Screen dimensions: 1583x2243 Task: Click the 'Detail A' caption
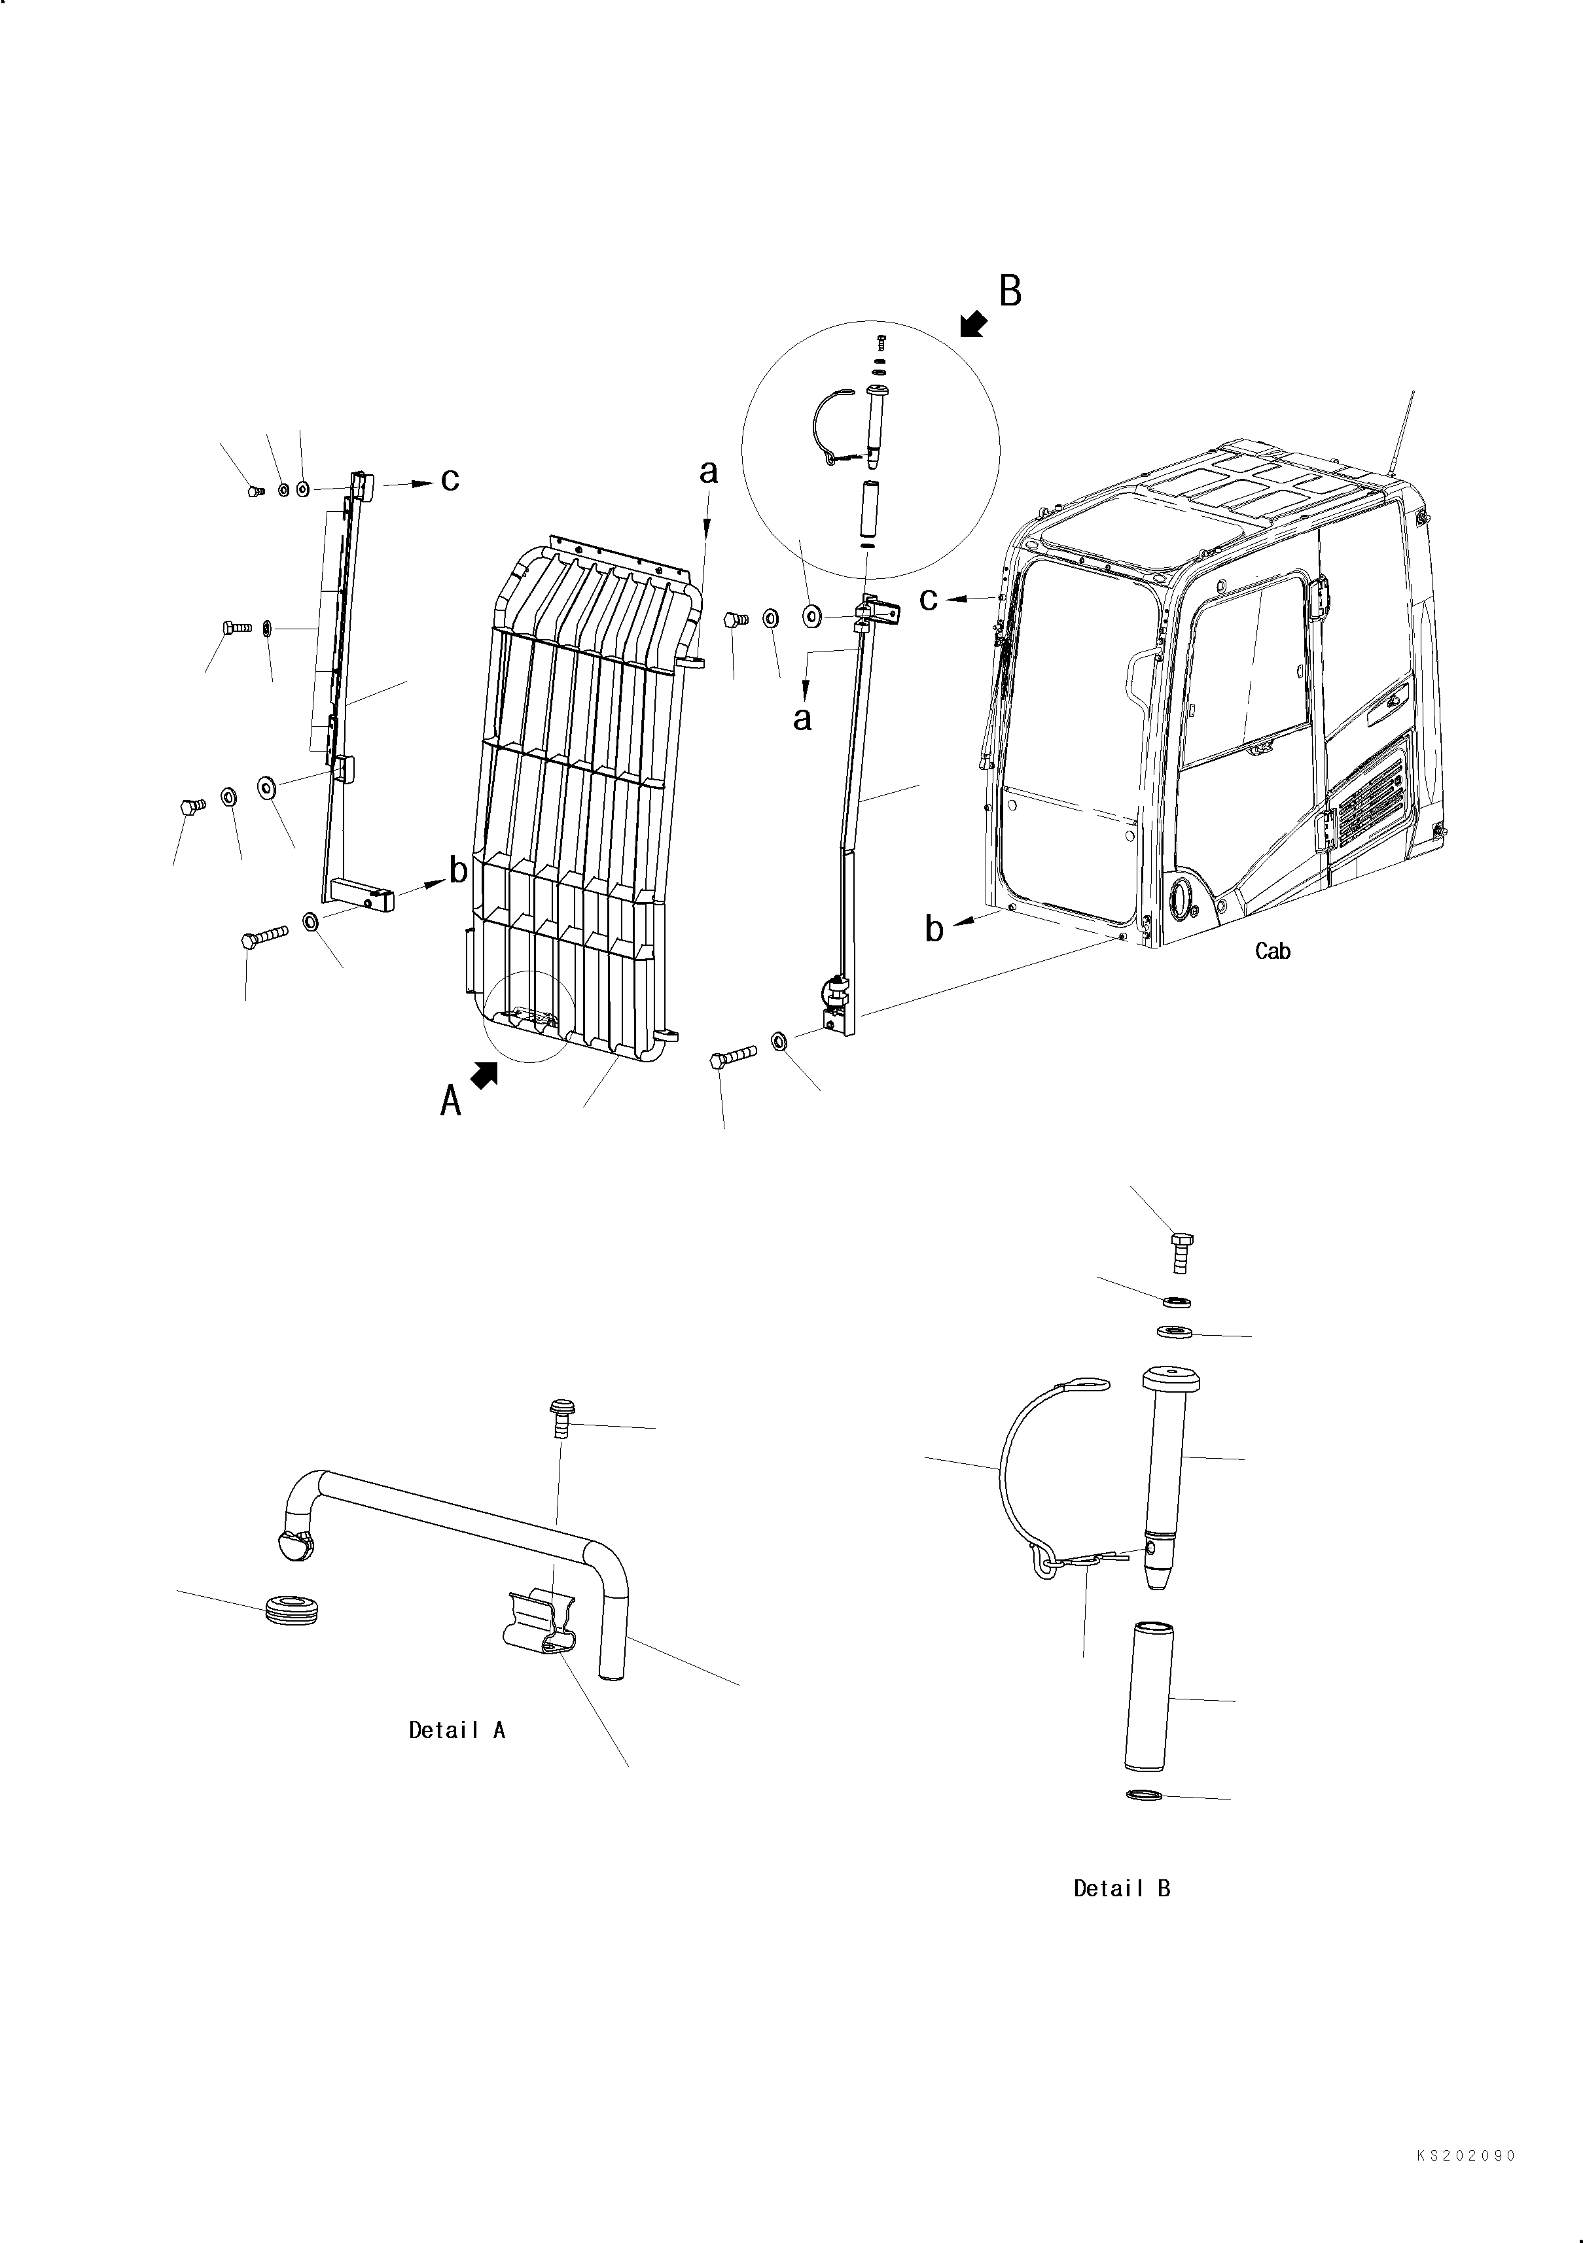tap(456, 1730)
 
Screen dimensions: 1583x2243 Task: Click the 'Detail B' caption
tap(1121, 1888)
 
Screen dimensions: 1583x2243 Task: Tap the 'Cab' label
tap(1272, 950)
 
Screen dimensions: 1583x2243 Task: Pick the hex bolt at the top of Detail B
tap(1181, 1251)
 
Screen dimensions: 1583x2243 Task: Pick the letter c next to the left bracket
tap(450, 479)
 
